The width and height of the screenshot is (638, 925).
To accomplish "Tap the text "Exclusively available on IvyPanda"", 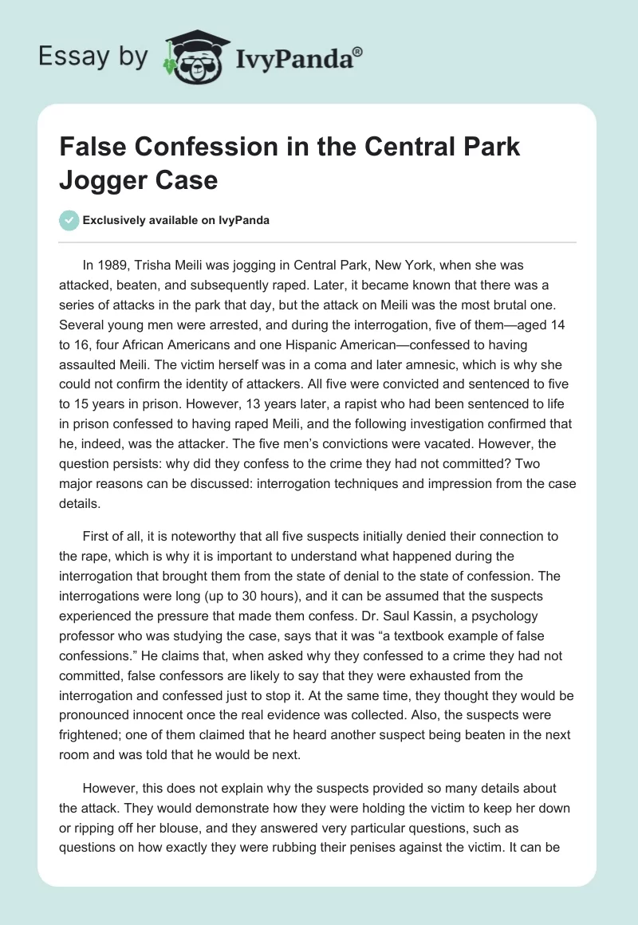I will [175, 220].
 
